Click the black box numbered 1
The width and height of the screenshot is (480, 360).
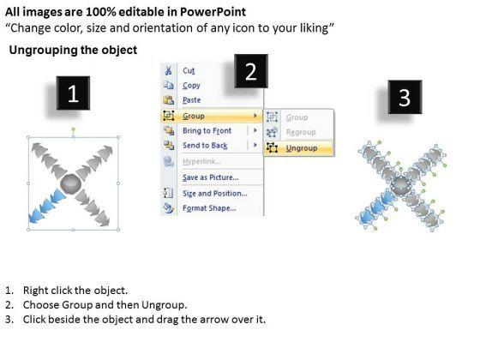[73, 93]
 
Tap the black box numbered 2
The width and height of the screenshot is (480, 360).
[251, 71]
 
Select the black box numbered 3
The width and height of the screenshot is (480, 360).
[405, 97]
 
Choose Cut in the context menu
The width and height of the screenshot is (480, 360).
[189, 70]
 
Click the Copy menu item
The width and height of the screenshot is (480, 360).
[191, 86]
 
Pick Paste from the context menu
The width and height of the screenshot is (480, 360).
[192, 100]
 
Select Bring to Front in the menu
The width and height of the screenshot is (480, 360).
[207, 130]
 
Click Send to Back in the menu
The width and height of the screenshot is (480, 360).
[205, 146]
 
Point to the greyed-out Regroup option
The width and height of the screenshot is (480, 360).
[301, 132]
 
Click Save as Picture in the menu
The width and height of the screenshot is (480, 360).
[211, 177]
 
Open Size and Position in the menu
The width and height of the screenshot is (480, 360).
[215, 194]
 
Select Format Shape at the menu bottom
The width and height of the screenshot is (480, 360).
[209, 208]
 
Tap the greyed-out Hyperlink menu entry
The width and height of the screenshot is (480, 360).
[202, 161]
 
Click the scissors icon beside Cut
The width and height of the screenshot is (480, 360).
[168, 70]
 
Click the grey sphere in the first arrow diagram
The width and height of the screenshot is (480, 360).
[70, 183]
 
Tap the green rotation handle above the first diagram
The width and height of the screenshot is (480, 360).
[73, 129]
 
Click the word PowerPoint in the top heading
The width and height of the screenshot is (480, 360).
[213, 12]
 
